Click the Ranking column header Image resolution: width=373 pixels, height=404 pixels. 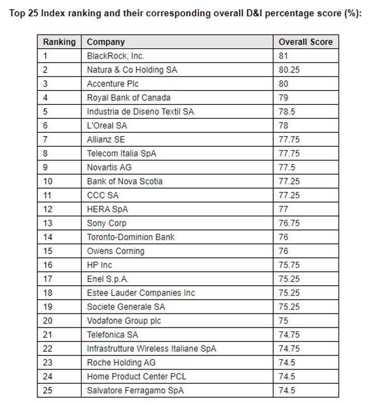[59, 42]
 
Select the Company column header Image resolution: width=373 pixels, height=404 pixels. [106, 42]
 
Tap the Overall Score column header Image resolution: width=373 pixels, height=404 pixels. [305, 42]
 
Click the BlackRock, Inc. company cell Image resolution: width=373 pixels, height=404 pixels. [116, 56]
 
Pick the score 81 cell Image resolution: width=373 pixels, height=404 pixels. [284, 56]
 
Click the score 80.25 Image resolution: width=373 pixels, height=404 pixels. [289, 70]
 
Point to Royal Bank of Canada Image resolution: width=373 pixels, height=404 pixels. [128, 98]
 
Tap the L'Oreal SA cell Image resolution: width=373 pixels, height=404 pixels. [107, 126]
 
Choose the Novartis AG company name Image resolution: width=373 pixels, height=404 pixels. [109, 167]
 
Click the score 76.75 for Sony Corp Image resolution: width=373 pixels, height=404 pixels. [289, 223]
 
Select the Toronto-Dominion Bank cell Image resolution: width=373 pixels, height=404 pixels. [131, 237]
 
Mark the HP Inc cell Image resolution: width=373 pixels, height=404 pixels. [99, 265]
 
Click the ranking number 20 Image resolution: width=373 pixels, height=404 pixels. [47, 321]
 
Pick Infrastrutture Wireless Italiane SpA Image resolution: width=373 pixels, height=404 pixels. [151, 349]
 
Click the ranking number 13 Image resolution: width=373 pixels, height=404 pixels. [47, 223]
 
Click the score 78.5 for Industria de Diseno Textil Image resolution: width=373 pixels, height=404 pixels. [286, 112]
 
